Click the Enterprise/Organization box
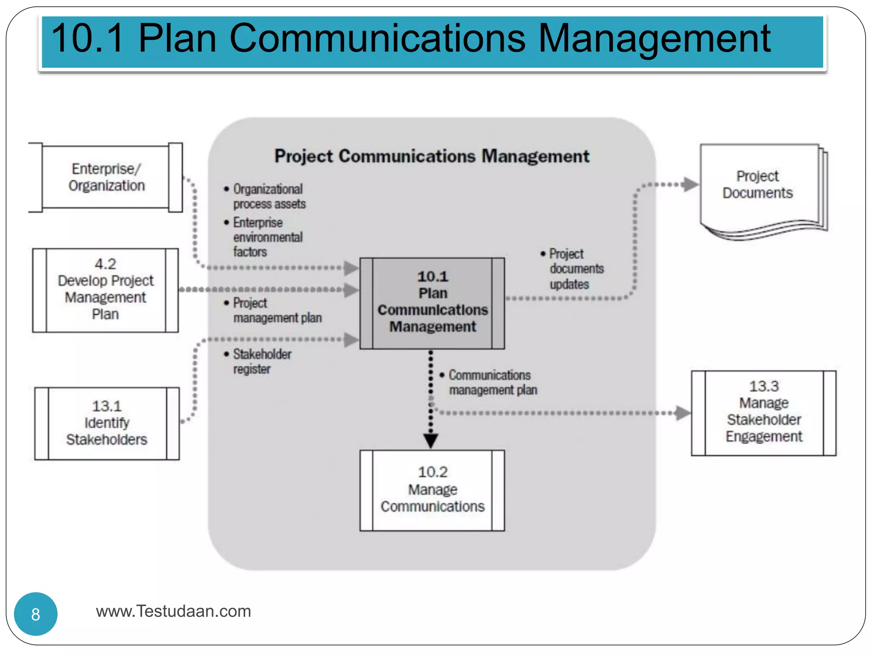(106, 177)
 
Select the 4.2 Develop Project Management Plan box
(106, 290)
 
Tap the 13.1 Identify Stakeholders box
(107, 423)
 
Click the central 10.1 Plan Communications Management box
(432, 302)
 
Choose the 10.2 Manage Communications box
(432, 490)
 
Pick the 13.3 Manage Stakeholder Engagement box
(763, 412)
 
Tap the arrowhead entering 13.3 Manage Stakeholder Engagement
(683, 413)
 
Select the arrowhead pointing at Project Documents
(690, 185)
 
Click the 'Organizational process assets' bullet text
(268, 196)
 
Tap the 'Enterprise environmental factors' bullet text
(267, 237)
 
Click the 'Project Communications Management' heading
(432, 156)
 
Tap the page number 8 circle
(36, 614)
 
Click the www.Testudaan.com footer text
(173, 611)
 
